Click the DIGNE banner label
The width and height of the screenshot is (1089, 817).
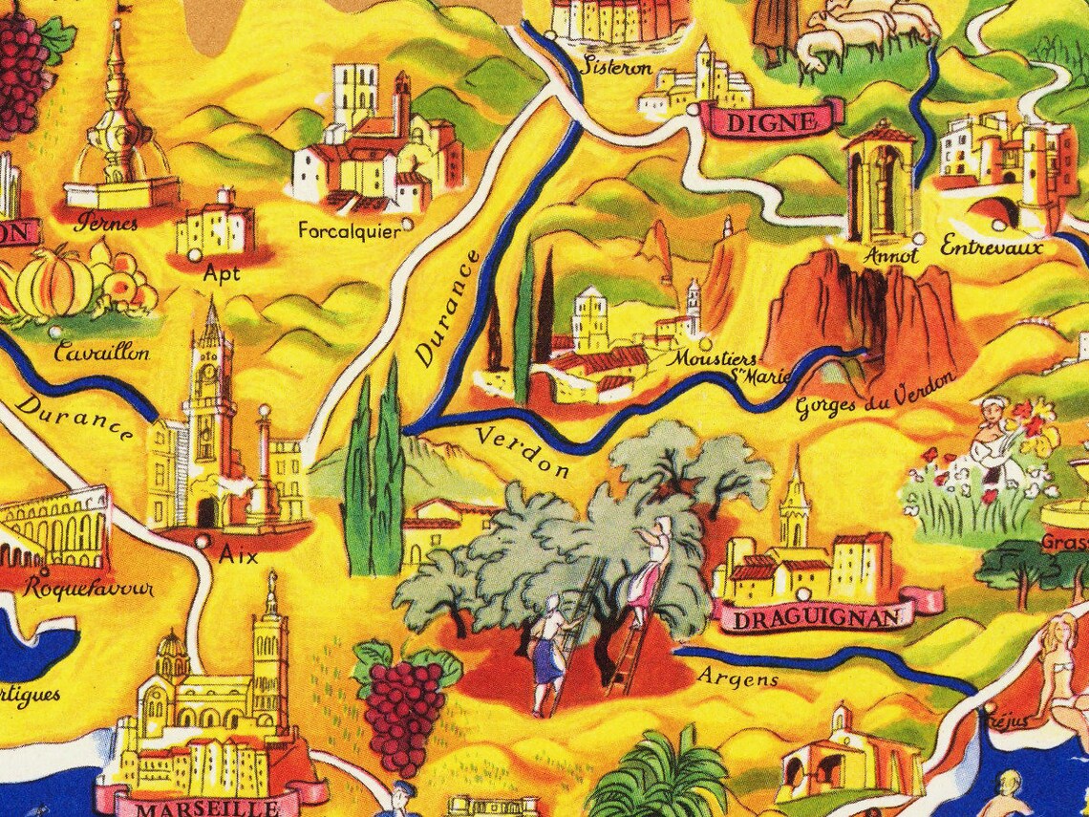pos(772,120)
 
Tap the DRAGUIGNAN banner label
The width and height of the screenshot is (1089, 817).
pos(811,618)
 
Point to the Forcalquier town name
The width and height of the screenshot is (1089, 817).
pos(349,230)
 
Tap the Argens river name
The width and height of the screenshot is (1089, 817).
pos(738,678)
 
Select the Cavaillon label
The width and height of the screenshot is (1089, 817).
pos(102,353)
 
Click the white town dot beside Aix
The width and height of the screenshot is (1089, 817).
pos(202,541)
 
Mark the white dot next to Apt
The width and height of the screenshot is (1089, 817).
pos(194,256)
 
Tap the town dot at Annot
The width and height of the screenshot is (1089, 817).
pos(918,238)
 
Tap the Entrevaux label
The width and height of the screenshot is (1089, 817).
pos(991,247)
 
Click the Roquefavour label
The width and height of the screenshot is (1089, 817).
pos(91,587)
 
